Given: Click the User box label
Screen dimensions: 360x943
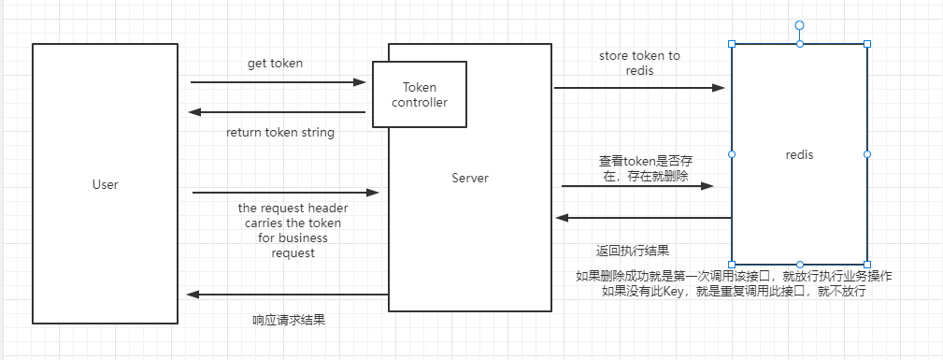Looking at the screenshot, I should [x=106, y=184].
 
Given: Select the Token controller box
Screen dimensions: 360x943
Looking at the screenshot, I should [x=419, y=94].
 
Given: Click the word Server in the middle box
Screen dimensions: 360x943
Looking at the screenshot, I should [x=469, y=178].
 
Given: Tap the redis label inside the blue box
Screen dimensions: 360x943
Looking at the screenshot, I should [x=799, y=154].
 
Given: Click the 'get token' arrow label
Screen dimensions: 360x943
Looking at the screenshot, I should [x=275, y=64].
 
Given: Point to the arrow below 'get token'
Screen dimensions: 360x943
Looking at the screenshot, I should [x=278, y=82].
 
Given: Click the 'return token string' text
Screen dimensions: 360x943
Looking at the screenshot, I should [x=280, y=132].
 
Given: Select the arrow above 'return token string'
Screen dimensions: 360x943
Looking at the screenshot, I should [x=278, y=112].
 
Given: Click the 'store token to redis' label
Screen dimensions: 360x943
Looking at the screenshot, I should [x=639, y=64].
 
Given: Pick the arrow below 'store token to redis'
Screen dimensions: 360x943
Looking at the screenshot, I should [x=639, y=88].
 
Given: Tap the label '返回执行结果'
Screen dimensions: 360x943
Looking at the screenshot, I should [x=632, y=251].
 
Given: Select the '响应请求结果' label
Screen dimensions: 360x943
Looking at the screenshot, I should [x=289, y=320].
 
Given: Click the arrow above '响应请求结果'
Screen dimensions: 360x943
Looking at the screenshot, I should [x=287, y=295].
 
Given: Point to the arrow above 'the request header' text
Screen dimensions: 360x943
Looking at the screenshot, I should [x=286, y=193].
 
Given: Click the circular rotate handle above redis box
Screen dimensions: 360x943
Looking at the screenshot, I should [x=799, y=25].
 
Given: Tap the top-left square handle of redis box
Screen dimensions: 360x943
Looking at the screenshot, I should [x=732, y=44].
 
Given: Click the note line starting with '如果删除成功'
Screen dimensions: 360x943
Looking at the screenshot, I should [x=735, y=277].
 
